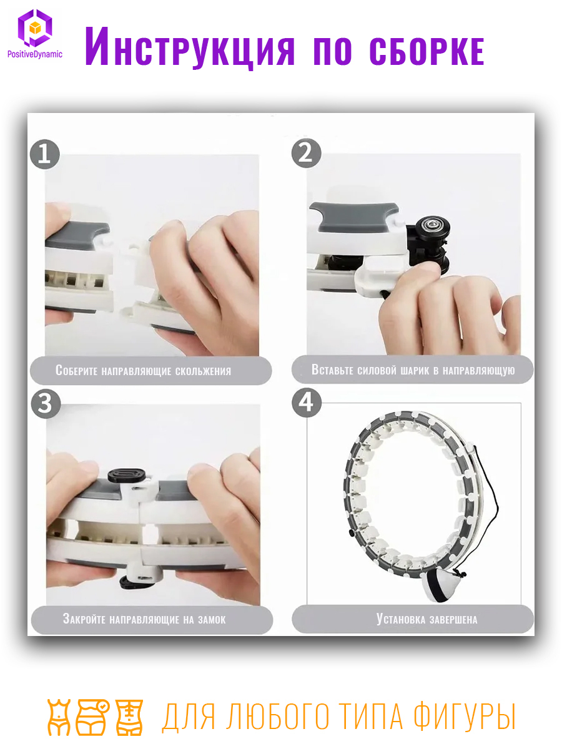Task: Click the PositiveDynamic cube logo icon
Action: pyautogui.click(x=35, y=28)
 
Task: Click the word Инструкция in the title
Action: pyautogui.click(x=190, y=47)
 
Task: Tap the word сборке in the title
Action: pyautogui.click(x=427, y=51)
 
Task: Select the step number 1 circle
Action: pyautogui.click(x=45, y=154)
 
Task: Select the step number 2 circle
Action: pyautogui.click(x=306, y=153)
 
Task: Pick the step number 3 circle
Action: pyautogui.click(x=46, y=403)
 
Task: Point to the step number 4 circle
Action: pyautogui.click(x=307, y=403)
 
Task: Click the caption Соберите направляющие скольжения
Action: pyautogui.click(x=144, y=371)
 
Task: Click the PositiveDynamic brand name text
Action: pyautogui.click(x=35, y=54)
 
